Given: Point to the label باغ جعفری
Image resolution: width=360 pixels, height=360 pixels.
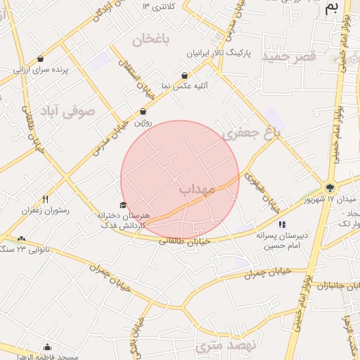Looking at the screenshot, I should point(251,131).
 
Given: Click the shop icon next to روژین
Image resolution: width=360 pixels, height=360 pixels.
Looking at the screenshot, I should point(143,111).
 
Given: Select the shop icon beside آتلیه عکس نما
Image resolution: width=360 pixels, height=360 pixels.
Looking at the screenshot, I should point(184,75).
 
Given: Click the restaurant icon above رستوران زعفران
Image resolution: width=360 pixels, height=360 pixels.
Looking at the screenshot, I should point(46,199).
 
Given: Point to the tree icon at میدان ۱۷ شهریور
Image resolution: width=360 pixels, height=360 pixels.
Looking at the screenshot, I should point(329,187).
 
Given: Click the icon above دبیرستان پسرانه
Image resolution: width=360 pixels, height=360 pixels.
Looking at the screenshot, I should point(282,225).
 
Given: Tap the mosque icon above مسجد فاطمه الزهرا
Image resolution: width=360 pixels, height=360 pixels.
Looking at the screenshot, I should point(47,347).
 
